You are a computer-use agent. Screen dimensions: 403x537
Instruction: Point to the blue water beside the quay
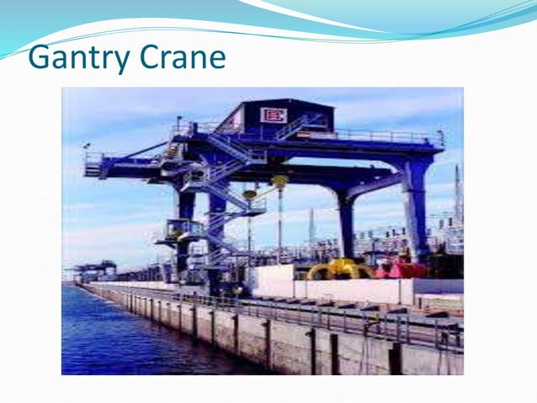118,337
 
